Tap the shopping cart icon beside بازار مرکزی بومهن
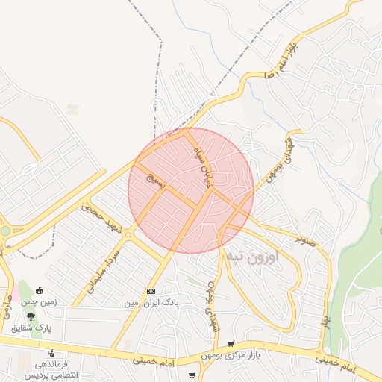pos(230,342)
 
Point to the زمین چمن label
pos(38,302)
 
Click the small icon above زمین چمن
pos(39,291)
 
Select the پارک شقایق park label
pos(31,327)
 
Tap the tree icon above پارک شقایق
pos(31,316)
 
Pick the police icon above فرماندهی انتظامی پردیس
pos(51,353)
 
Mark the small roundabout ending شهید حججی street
pos(129,234)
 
